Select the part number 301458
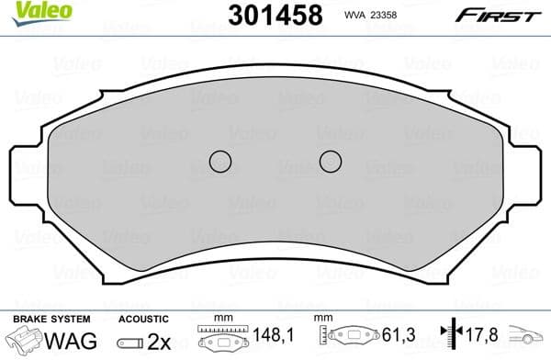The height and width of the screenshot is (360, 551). point(274,15)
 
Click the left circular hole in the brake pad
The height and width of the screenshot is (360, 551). point(220,162)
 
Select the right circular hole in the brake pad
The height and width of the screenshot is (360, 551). point(331,162)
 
